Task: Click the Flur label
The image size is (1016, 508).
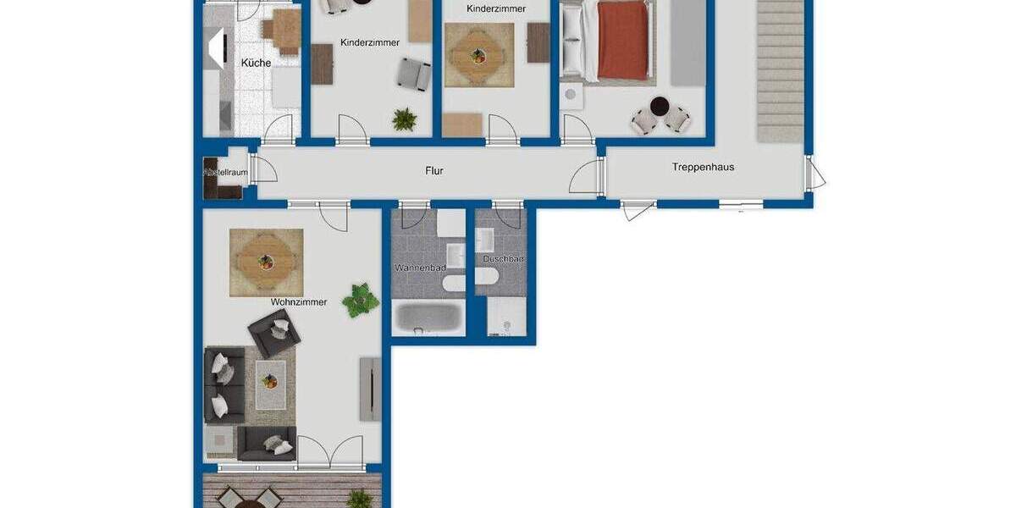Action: (433, 171)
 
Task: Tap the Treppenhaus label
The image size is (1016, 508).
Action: (703, 168)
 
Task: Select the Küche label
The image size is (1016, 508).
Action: (256, 63)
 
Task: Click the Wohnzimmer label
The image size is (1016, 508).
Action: (298, 302)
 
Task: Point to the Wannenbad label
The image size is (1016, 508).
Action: (420, 268)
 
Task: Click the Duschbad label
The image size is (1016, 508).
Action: (503, 258)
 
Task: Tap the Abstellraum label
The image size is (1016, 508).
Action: (225, 173)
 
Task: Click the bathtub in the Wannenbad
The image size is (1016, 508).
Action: (428, 319)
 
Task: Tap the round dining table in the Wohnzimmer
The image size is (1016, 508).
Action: (266, 262)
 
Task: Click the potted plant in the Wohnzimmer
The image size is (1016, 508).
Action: (361, 299)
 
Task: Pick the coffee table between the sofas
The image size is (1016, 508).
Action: (270, 384)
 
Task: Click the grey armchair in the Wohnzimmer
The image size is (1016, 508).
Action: (273, 332)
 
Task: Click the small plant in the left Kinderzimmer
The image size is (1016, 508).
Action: (404, 120)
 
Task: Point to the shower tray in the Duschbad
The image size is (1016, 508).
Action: (506, 317)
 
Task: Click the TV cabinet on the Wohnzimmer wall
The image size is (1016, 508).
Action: (370, 389)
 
